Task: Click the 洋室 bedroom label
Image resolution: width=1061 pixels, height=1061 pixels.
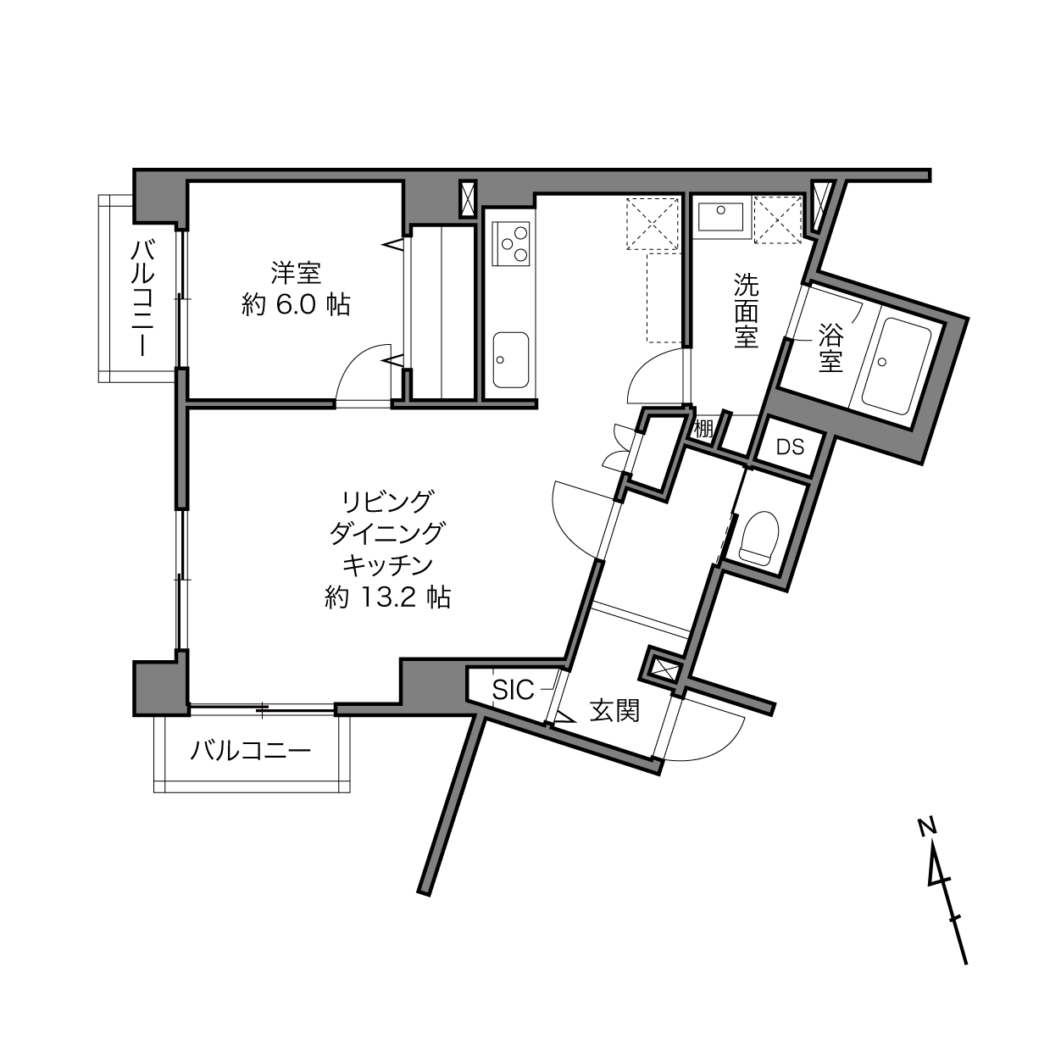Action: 296,273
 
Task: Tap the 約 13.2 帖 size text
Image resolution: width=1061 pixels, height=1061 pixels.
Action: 387,597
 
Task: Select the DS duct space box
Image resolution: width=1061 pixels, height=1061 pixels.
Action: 790,447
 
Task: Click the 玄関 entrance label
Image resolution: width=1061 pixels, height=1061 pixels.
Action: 614,710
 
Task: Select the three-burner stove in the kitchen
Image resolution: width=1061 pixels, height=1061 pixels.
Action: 512,242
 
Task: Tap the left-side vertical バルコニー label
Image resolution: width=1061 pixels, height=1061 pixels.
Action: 142,298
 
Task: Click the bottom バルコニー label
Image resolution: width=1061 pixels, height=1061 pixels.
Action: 251,751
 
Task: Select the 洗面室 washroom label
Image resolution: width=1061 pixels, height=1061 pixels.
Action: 746,310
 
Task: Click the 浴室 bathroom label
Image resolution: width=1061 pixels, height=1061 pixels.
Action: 830,348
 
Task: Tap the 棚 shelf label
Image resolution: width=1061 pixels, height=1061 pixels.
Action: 703,428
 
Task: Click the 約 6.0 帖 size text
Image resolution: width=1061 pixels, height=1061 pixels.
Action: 296,304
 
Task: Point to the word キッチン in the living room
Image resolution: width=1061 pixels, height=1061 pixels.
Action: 387,565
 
